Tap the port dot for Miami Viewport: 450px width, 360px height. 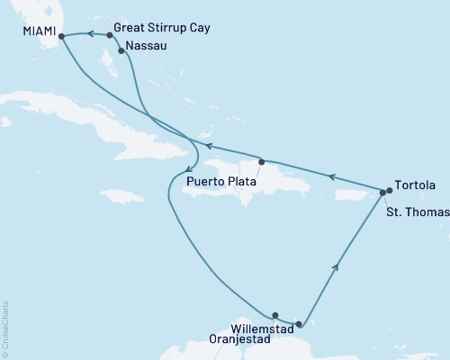[61, 36]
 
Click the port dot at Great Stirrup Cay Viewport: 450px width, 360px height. [110, 35]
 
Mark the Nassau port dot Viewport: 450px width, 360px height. [121, 51]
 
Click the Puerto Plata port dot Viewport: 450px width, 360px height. [261, 162]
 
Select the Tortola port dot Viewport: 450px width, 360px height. [389, 190]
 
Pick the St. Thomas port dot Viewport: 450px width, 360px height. [382, 193]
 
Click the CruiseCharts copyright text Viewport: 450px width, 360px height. [5, 329]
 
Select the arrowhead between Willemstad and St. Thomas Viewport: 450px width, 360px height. [337, 265]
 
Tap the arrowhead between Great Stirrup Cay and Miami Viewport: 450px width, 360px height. [90, 34]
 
